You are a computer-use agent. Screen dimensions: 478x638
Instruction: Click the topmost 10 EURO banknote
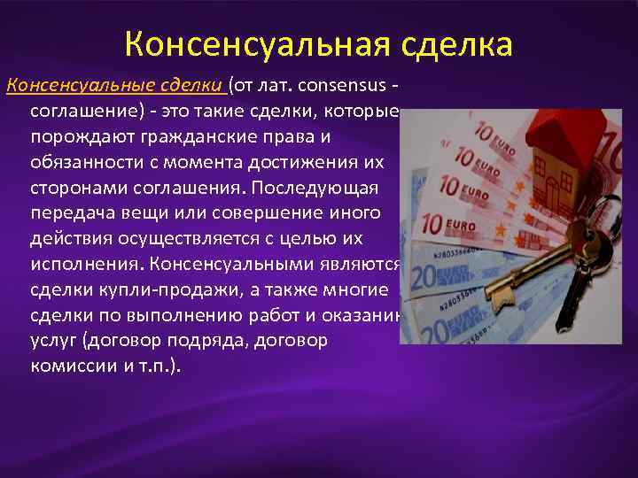(501, 133)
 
